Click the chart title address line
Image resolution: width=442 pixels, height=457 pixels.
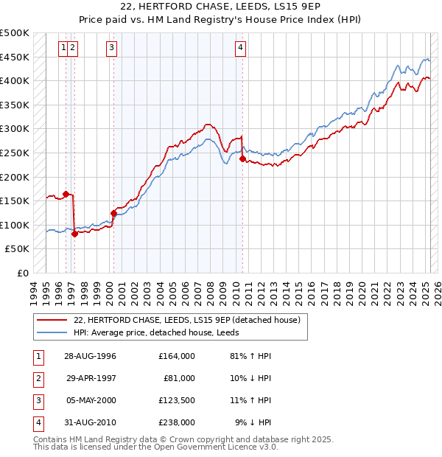[220, 9]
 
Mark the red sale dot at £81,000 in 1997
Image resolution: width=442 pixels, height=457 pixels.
[74, 234]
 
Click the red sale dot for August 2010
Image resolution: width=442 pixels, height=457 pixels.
[242, 158]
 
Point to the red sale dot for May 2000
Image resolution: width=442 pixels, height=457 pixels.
[113, 213]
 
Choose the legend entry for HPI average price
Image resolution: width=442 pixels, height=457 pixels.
[161, 332]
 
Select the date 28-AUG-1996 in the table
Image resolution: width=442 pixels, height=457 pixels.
[91, 356]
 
